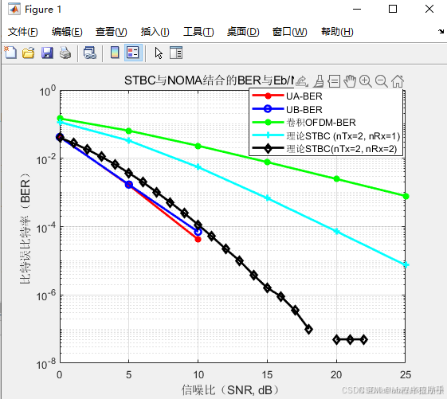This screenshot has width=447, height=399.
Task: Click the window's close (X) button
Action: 429,9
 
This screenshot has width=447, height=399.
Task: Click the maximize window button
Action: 393,9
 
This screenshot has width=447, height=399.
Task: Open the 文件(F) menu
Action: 23,32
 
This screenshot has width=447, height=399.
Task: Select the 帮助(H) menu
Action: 335,32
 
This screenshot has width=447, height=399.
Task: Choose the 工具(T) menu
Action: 198,32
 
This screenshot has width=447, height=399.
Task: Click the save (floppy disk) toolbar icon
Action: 46,53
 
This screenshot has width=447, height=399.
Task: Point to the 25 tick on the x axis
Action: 406,374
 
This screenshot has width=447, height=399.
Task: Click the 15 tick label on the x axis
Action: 267,374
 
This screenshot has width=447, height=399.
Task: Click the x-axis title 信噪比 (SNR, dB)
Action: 232,389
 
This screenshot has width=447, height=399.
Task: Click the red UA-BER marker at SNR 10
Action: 198,239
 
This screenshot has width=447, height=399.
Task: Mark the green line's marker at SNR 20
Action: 336,178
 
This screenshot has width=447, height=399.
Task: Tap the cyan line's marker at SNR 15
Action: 267,198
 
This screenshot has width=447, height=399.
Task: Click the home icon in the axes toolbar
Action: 398,80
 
